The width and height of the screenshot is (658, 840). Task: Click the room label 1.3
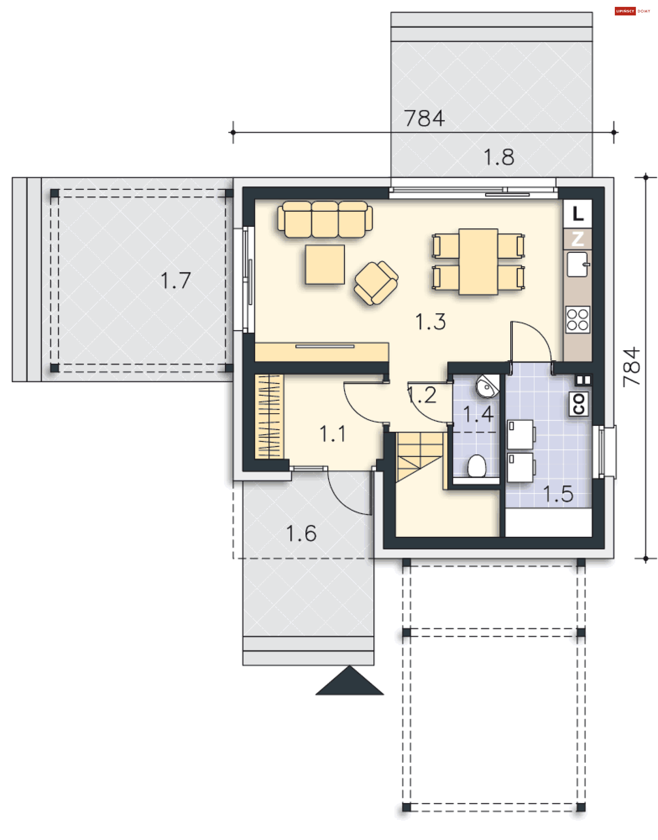(x=430, y=321)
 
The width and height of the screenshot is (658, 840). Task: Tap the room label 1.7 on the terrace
(x=176, y=280)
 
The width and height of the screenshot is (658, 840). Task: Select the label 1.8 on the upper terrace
(x=499, y=157)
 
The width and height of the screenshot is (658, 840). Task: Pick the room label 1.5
(x=558, y=494)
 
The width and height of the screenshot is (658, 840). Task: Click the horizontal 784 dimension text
(x=424, y=118)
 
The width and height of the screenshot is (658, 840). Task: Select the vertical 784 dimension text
(x=632, y=367)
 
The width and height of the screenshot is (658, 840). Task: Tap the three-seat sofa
(x=325, y=220)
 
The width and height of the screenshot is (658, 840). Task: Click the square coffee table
(x=325, y=264)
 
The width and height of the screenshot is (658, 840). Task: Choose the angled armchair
(x=376, y=283)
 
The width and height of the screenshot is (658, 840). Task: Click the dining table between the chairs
(x=478, y=262)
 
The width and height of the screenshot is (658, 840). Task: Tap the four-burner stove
(x=577, y=320)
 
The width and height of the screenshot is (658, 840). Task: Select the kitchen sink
(x=577, y=264)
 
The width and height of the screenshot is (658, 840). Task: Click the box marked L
(x=577, y=214)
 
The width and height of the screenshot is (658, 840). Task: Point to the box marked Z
(x=577, y=239)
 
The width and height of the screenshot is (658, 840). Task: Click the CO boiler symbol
(x=578, y=404)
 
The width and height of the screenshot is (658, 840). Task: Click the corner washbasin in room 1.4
(x=487, y=386)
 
